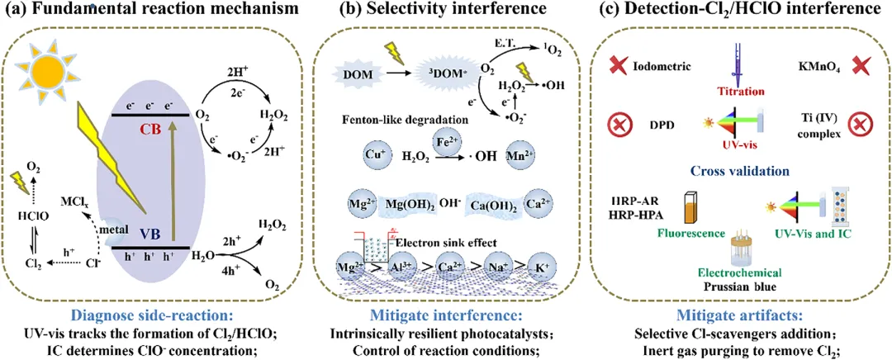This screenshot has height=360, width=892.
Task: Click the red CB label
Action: click(150, 130)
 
